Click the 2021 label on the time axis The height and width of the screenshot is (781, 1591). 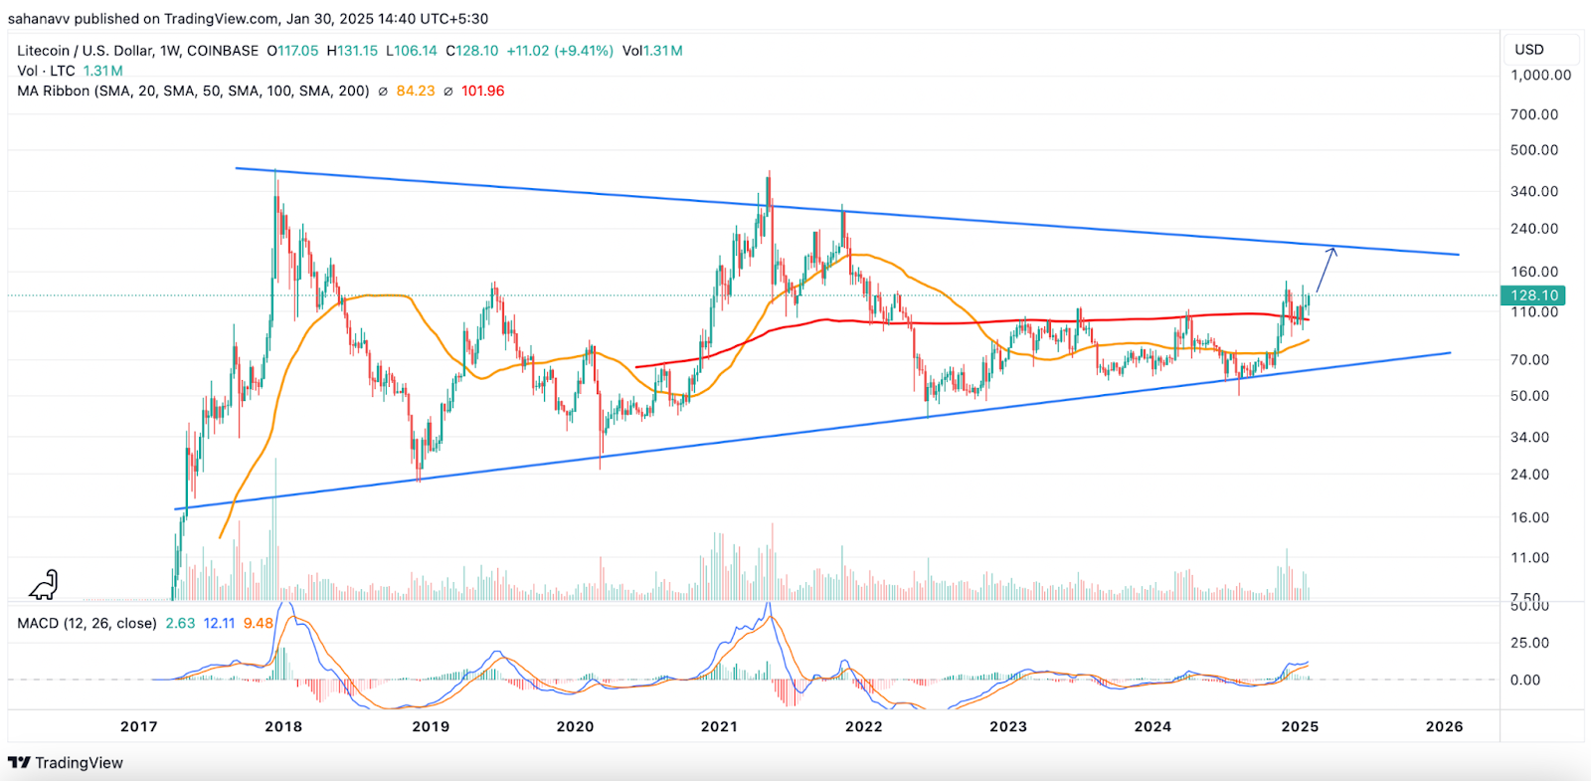(719, 726)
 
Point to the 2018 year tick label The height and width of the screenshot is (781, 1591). (283, 726)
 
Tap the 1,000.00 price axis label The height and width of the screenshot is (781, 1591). (1540, 75)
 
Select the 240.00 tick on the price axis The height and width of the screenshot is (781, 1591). (1534, 229)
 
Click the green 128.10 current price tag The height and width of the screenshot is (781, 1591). (1533, 295)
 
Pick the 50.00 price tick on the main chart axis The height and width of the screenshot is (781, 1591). (1529, 396)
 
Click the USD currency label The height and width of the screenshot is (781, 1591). (1529, 50)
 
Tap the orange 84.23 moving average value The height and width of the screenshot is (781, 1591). (416, 91)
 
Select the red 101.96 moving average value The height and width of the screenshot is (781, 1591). (482, 91)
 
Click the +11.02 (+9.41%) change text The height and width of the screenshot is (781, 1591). (560, 51)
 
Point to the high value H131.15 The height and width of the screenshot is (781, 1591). (352, 51)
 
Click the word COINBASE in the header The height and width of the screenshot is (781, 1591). (223, 51)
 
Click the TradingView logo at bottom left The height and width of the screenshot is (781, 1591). (66, 763)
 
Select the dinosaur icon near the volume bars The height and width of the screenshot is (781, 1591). (45, 585)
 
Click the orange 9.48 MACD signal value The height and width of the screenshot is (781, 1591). (259, 624)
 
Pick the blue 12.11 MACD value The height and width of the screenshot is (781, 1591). (219, 624)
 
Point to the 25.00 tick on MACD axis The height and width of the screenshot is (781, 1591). (1529, 643)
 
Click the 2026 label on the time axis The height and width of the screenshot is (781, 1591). (1444, 726)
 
